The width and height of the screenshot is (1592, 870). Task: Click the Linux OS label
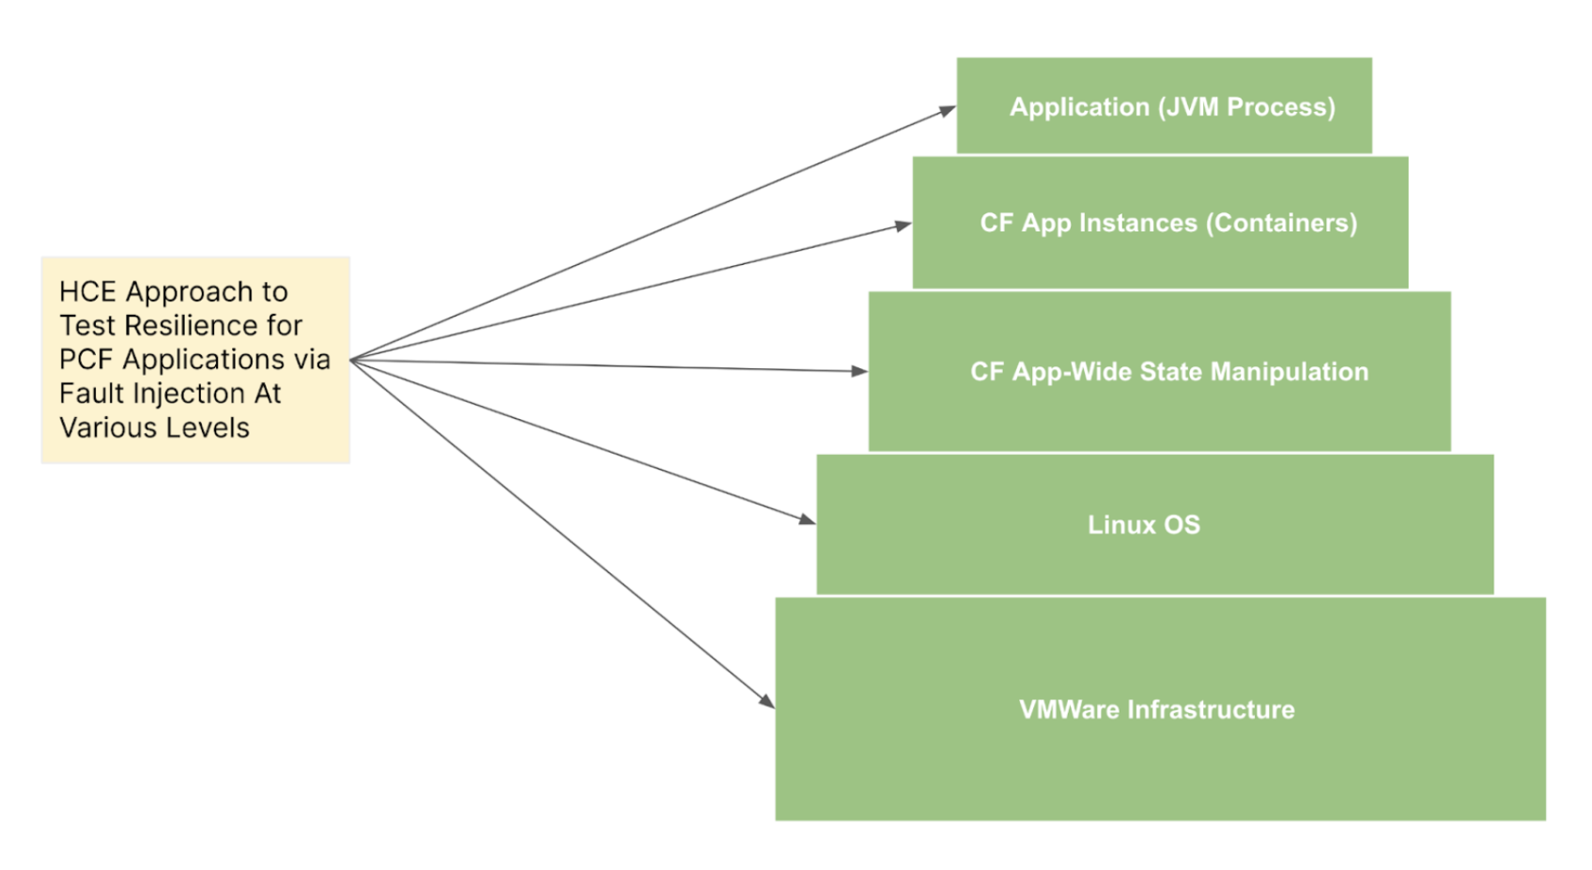point(1143,524)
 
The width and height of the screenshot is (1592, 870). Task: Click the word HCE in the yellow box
point(88,292)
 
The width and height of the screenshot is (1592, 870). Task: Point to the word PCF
point(86,360)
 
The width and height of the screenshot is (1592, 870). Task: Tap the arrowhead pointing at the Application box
point(947,111)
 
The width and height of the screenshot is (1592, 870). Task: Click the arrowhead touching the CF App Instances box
point(903,225)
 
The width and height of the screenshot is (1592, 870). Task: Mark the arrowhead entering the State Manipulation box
point(859,371)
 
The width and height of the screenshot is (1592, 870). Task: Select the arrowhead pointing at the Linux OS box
point(807,520)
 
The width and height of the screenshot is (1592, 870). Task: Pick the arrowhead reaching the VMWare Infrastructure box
point(767,701)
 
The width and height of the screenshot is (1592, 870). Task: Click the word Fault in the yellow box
point(92,394)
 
